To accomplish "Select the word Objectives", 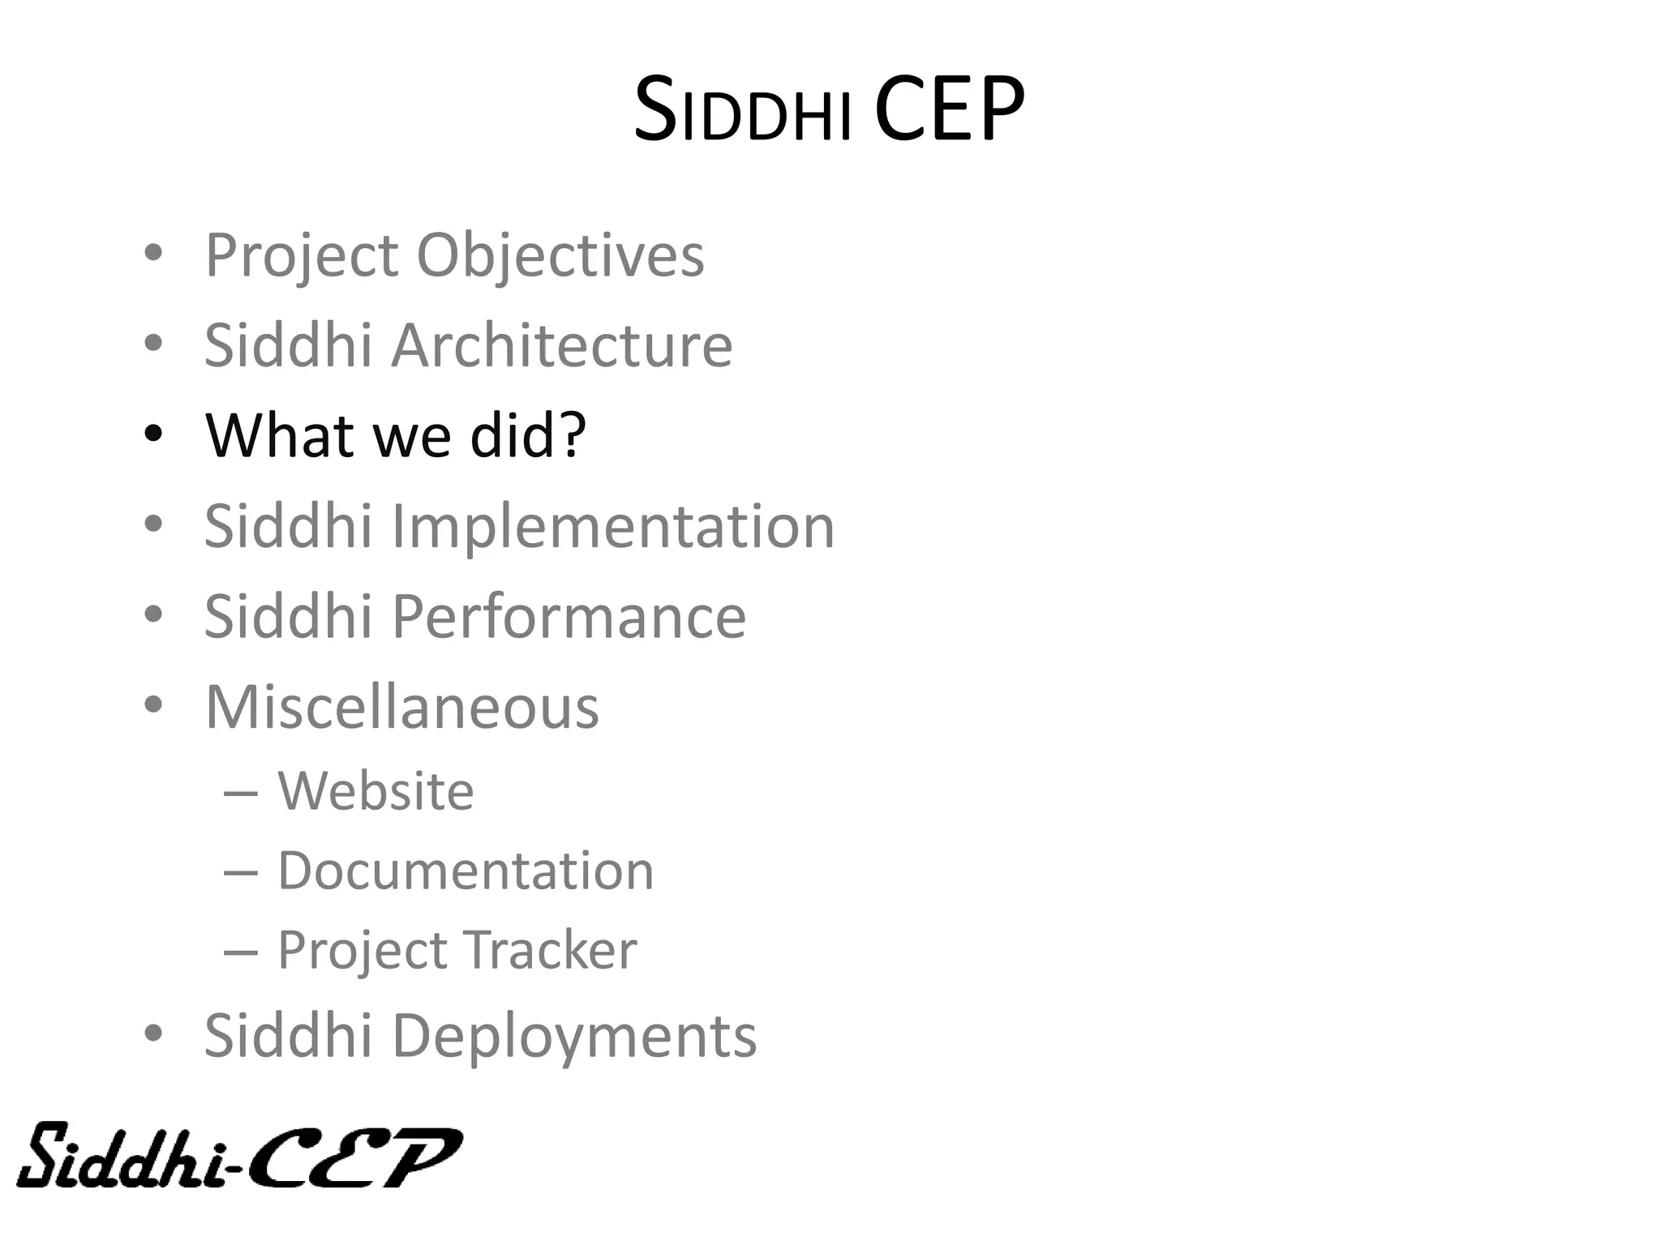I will [x=560, y=255].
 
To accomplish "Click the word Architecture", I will [x=562, y=345].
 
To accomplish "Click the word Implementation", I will [x=613, y=526].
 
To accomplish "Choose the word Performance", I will [x=569, y=617].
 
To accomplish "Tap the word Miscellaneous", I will [x=401, y=707].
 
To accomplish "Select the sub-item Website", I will [x=376, y=790].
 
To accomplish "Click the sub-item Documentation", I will [x=466, y=871].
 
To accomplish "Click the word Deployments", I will [x=574, y=1036].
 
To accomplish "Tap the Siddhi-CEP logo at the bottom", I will [x=239, y=1155].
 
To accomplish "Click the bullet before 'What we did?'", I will [x=153, y=434].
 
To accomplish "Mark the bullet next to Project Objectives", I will [x=153, y=254].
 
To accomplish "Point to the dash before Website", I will [x=241, y=792].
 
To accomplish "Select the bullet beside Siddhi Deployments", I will [x=153, y=1034].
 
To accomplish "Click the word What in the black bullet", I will [x=280, y=434].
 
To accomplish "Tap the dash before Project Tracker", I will [x=241, y=951].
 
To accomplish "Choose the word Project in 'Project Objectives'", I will [x=303, y=255].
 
